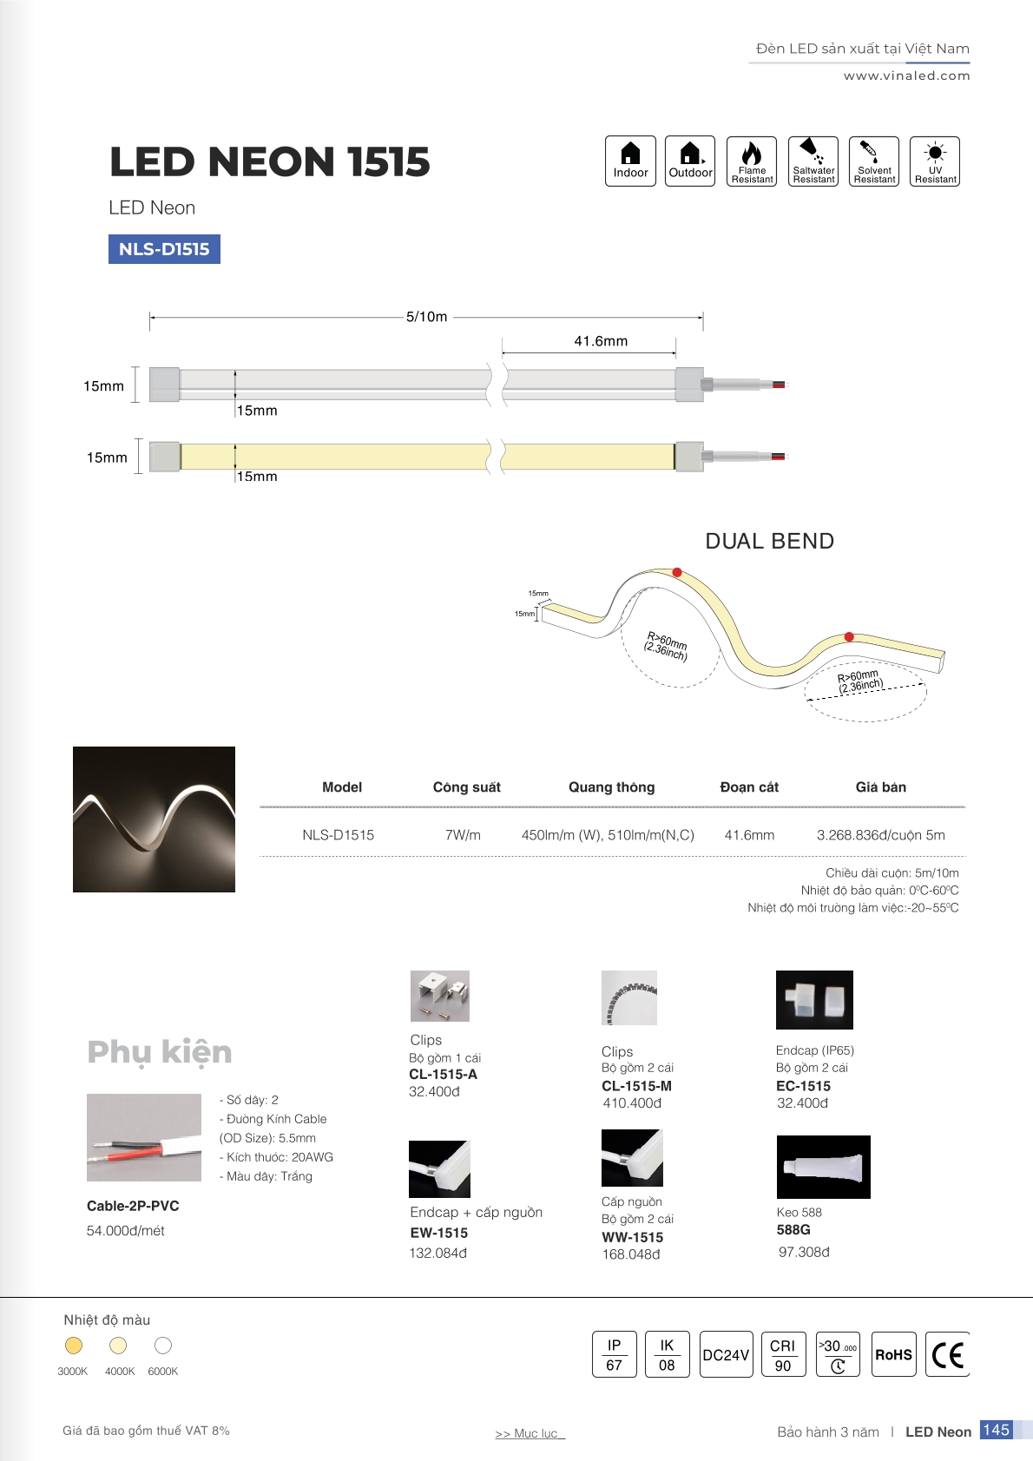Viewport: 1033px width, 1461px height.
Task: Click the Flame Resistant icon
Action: tap(752, 161)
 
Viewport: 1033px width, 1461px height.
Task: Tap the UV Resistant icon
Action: tap(935, 161)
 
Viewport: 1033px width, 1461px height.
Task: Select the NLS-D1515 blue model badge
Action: tap(164, 249)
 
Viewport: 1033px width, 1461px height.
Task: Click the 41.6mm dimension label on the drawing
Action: tap(601, 341)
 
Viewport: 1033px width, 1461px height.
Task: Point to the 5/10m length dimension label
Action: tap(427, 317)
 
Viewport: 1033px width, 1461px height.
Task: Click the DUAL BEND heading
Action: tap(769, 542)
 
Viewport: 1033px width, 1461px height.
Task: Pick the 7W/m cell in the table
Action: tap(463, 835)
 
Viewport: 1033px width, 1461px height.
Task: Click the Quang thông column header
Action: tap(611, 787)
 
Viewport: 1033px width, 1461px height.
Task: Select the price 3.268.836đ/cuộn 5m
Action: tap(880, 835)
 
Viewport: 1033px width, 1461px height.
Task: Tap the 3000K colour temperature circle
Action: tap(74, 1346)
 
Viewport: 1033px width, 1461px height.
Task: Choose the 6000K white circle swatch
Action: tap(163, 1346)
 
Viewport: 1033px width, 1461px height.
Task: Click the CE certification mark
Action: tap(947, 1354)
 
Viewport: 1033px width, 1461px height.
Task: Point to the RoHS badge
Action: tap(893, 1354)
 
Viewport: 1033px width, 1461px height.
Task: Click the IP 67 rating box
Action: tap(614, 1354)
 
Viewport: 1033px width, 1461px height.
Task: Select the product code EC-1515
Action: tap(803, 1086)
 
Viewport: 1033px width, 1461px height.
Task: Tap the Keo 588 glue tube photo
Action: tap(823, 1167)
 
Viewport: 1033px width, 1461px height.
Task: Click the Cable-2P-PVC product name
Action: tap(133, 1206)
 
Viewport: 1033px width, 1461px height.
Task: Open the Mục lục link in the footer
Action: tap(530, 1433)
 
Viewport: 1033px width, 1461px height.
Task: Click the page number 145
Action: tap(996, 1430)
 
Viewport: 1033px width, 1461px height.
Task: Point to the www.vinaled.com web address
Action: tap(906, 76)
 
